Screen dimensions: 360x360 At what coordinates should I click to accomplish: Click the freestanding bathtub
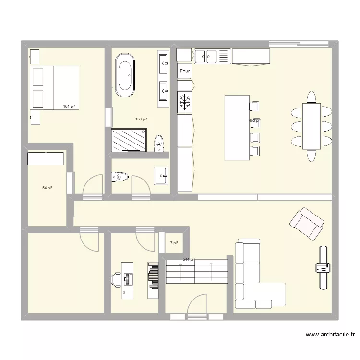pos(125,75)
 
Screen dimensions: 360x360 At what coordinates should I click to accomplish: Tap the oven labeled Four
pos(185,71)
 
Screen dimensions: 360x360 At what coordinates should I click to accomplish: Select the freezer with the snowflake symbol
pos(185,102)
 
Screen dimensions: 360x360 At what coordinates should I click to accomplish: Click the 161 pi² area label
pos(70,107)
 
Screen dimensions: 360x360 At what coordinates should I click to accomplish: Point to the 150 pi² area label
pos(141,119)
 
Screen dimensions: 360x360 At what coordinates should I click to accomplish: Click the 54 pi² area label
pos(47,188)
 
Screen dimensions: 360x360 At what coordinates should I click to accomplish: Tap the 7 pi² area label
pos(174,243)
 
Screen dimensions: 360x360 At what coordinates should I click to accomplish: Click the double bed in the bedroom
pos(54,88)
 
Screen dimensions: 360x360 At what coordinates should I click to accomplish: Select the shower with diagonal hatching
pos(129,140)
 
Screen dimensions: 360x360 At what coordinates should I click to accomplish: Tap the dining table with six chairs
pos(312,126)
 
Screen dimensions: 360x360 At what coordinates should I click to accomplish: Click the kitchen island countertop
pos(237,127)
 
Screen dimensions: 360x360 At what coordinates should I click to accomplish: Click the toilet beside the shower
pos(159,143)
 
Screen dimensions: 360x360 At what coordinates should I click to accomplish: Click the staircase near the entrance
pos(196,271)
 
